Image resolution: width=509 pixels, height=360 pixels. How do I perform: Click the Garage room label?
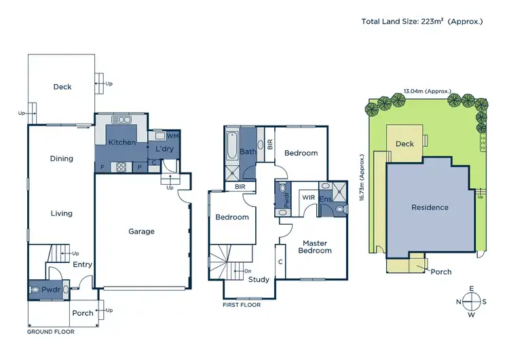pyautogui.click(x=142, y=232)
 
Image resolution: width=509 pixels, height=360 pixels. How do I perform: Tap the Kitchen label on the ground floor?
pyautogui.click(x=121, y=143)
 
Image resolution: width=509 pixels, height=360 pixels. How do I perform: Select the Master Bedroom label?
pyautogui.click(x=316, y=247)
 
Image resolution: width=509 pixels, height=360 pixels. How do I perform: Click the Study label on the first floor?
pyautogui.click(x=259, y=279)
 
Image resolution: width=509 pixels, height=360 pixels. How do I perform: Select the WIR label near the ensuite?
pyautogui.click(x=309, y=198)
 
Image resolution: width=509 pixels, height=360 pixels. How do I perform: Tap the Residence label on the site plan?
pyautogui.click(x=430, y=207)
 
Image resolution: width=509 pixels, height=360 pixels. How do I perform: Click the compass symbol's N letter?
pyautogui.click(x=459, y=302)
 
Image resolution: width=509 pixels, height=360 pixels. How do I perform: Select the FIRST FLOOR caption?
pyautogui.click(x=242, y=305)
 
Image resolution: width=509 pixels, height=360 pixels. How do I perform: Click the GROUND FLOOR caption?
pyautogui.click(x=50, y=332)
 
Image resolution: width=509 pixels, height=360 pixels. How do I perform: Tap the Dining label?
pyautogui.click(x=61, y=159)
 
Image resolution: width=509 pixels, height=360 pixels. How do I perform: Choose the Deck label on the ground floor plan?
pyautogui.click(x=62, y=87)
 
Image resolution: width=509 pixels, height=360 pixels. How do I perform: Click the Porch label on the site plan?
pyautogui.click(x=441, y=272)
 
